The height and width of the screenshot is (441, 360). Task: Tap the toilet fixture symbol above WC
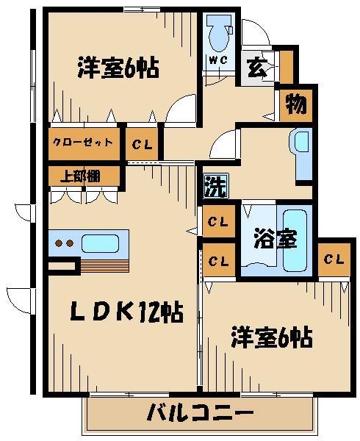(x=217, y=34)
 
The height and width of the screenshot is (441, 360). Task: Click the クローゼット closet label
(x=82, y=143)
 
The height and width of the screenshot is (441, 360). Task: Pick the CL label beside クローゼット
(x=143, y=145)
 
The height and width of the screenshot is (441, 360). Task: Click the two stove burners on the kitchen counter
(x=64, y=243)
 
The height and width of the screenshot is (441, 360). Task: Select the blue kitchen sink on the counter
(x=102, y=243)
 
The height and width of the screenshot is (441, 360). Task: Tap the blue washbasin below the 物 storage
(x=303, y=153)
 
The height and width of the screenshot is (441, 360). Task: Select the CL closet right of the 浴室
(x=333, y=259)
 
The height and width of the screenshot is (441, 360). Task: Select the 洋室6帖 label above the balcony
(x=273, y=338)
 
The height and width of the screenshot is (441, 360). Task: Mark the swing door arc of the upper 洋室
(x=181, y=110)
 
